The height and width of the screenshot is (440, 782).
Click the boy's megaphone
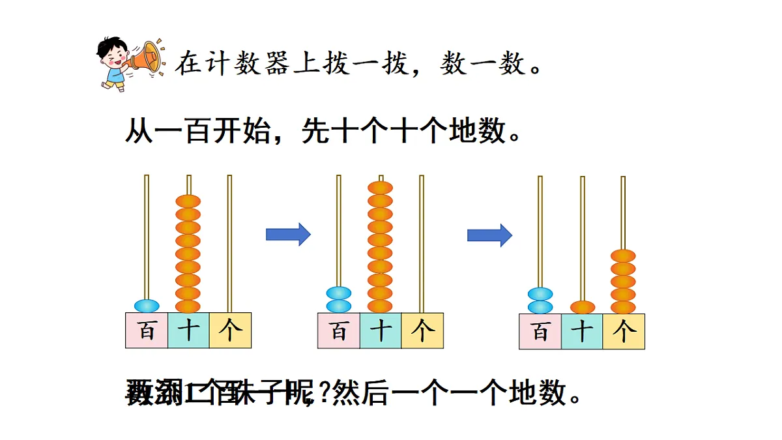pos(147,57)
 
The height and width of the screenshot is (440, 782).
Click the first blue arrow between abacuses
pos(288,234)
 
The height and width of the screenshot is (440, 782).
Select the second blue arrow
pos(489,234)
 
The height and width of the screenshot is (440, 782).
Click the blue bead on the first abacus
pos(147,305)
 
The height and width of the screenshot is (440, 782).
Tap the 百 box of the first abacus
pos(147,330)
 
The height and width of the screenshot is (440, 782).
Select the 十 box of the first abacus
pos(188,330)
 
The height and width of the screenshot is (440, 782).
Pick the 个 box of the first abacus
pos(230,330)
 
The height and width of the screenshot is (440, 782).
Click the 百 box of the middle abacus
pos(339,330)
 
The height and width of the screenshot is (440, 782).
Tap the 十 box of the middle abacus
pos(381,330)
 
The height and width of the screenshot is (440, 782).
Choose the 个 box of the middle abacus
pos(422,330)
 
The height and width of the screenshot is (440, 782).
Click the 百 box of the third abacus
pos(540,331)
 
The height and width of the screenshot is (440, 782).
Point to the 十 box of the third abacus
pos(582,331)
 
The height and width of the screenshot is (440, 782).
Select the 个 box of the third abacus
pos(624,331)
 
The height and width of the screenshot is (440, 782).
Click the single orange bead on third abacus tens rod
pos(583,307)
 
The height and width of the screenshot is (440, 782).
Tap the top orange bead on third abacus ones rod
pos(623,256)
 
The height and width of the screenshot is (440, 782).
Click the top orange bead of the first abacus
pos(188,201)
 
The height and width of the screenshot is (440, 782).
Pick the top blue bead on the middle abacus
pos(339,293)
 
